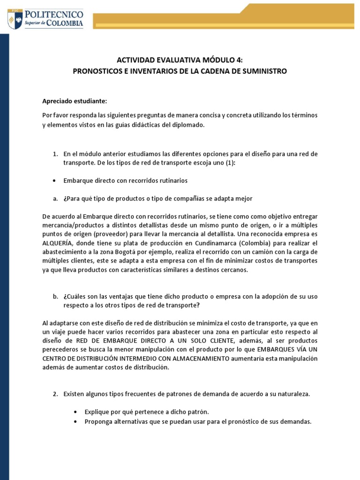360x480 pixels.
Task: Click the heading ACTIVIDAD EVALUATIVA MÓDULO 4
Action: point(180,60)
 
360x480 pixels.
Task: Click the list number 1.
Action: point(54,154)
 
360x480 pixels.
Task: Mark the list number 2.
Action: point(54,394)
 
